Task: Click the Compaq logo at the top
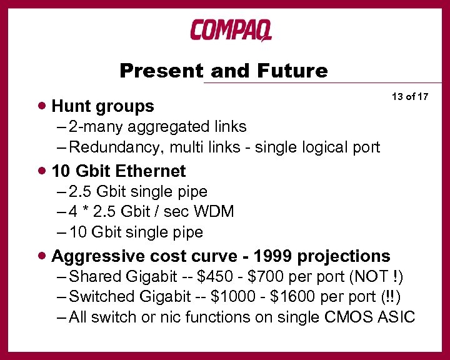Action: coord(231,29)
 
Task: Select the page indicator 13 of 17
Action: coord(410,96)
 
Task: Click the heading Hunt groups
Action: coord(102,106)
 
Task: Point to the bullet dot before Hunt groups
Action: coord(41,106)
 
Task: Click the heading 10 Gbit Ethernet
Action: coord(118,171)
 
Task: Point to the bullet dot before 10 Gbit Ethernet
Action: coord(41,171)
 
